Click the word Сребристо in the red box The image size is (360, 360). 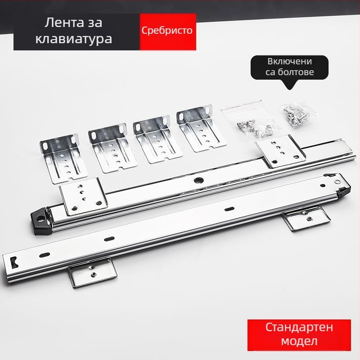click(x=167, y=31)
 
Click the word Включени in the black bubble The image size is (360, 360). click(x=290, y=61)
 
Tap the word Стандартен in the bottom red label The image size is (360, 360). click(x=299, y=327)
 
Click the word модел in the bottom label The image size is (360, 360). click(x=299, y=341)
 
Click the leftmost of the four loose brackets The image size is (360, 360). click(x=63, y=158)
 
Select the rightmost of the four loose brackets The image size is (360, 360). click(x=201, y=128)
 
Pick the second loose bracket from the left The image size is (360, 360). click(x=112, y=148)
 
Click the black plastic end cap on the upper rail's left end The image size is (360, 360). click(x=41, y=221)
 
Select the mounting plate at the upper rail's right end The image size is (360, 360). click(x=280, y=151)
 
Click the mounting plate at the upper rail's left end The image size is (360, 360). click(x=83, y=197)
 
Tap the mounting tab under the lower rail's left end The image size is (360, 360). click(x=93, y=272)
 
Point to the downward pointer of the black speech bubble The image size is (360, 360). click(x=290, y=85)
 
